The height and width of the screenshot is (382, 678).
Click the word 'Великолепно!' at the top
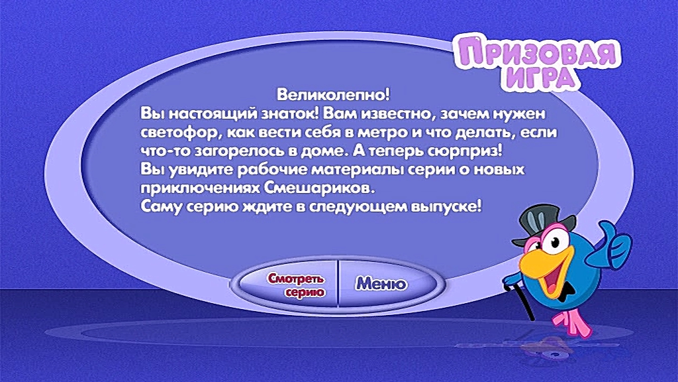point(334,94)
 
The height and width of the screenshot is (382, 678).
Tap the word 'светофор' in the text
point(181,132)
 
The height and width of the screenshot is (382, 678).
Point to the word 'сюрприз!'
point(465,151)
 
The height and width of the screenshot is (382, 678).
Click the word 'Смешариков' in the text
point(319,188)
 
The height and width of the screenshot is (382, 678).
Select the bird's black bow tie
point(564,292)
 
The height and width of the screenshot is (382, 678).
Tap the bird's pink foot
point(570,324)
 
